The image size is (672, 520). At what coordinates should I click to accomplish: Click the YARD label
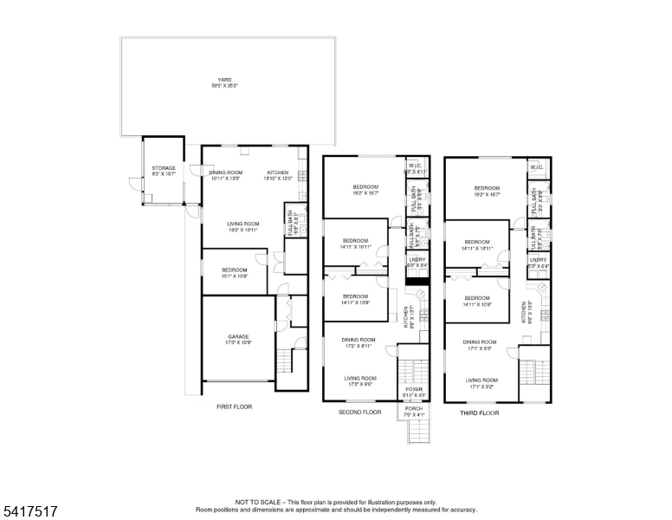pos(225,80)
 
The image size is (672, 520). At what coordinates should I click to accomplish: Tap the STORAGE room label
pos(164,168)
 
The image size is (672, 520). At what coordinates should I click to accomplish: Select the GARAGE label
pos(238,336)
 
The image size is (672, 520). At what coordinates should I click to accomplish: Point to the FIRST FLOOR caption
pos(234,406)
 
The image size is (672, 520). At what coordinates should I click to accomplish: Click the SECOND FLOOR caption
pos(359,413)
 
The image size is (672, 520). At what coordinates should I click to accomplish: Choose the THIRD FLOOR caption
pos(480,413)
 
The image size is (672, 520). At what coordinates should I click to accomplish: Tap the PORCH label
pos(413,408)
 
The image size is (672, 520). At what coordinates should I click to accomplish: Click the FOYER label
pos(413,390)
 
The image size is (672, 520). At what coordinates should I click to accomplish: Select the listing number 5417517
pos(29,511)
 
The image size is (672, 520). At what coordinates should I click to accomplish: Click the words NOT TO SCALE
pos(259,502)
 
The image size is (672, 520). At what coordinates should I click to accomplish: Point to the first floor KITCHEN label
pos(277,172)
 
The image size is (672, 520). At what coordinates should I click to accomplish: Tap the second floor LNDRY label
pos(417,258)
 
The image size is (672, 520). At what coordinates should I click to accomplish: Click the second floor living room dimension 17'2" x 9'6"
pos(359,384)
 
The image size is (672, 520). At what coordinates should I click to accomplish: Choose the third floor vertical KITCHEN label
pos(524,311)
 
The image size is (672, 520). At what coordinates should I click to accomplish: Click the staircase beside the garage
pos(284,363)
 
